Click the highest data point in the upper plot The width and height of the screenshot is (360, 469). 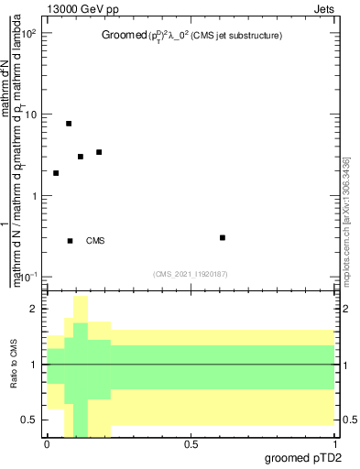(x=69, y=123)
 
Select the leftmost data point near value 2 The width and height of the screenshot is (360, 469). (x=56, y=173)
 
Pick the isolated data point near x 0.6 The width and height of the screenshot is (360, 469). (x=223, y=237)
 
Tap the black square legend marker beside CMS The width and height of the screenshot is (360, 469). (x=71, y=241)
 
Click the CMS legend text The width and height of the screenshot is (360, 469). (x=95, y=241)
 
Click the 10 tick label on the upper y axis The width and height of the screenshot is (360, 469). (x=31, y=115)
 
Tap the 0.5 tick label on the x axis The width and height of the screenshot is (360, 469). (x=191, y=442)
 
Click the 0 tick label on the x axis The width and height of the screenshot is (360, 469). (x=47, y=442)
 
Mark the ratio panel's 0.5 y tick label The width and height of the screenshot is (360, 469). (x=30, y=420)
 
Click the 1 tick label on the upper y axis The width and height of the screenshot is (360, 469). (x=35, y=196)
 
